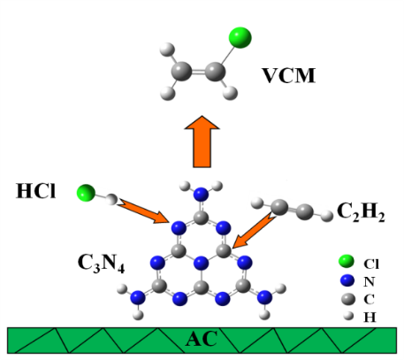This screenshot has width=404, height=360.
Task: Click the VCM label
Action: click(289, 76)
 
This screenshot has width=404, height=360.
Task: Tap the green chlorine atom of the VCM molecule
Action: click(240, 37)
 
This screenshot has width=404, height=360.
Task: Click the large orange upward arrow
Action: click(202, 142)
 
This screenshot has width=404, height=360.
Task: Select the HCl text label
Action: click(35, 191)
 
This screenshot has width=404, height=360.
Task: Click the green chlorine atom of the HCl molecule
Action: click(86, 193)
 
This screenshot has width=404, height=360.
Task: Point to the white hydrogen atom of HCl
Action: click(111, 199)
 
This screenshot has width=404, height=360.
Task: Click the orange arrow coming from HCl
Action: click(143, 211)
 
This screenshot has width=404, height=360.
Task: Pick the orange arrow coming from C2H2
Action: click(254, 230)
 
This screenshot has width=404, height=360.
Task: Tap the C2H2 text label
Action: click(361, 211)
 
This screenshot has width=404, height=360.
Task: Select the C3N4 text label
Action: click(101, 263)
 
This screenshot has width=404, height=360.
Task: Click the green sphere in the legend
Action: click(347, 261)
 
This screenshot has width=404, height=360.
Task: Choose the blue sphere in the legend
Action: click(347, 280)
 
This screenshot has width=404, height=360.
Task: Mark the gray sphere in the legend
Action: click(348, 299)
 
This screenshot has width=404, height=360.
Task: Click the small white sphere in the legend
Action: click(348, 316)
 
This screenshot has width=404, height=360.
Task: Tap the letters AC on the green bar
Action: click(202, 339)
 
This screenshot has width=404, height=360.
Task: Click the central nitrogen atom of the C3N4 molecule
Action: click(202, 263)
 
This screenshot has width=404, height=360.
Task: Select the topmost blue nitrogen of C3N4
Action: click(201, 195)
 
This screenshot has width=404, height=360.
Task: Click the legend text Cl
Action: click(371, 264)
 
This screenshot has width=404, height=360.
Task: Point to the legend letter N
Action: click(370, 282)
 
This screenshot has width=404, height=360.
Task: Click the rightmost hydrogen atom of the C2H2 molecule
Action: click(326, 216)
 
